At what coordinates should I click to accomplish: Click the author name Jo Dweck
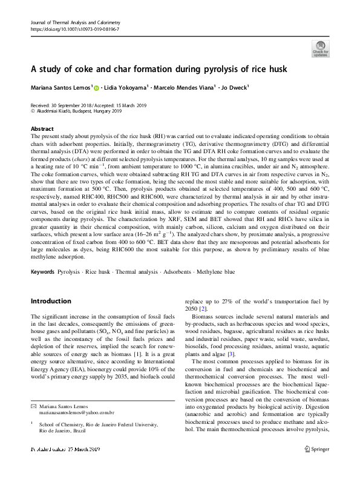pos(240,88)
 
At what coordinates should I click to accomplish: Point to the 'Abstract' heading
pos(41,129)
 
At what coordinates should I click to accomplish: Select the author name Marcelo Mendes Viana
pos(182,88)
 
